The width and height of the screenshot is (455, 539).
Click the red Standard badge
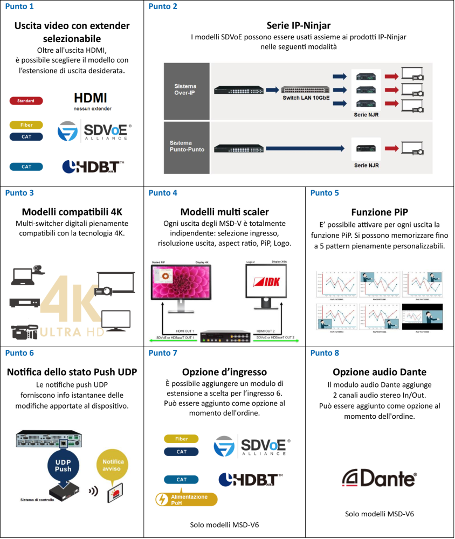pyautogui.click(x=26, y=101)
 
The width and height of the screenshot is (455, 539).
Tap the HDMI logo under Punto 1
pyautogui.click(x=90, y=98)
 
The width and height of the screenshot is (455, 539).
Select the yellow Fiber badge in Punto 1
pyautogui.click(x=26, y=125)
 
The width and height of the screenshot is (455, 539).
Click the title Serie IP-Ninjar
pyautogui.click(x=298, y=25)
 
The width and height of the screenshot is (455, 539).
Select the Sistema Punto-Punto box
pyautogui.click(x=185, y=146)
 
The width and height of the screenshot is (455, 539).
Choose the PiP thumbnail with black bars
pyautogui.click(x=422, y=316)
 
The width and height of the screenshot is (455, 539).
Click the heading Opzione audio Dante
pyautogui.click(x=380, y=372)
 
